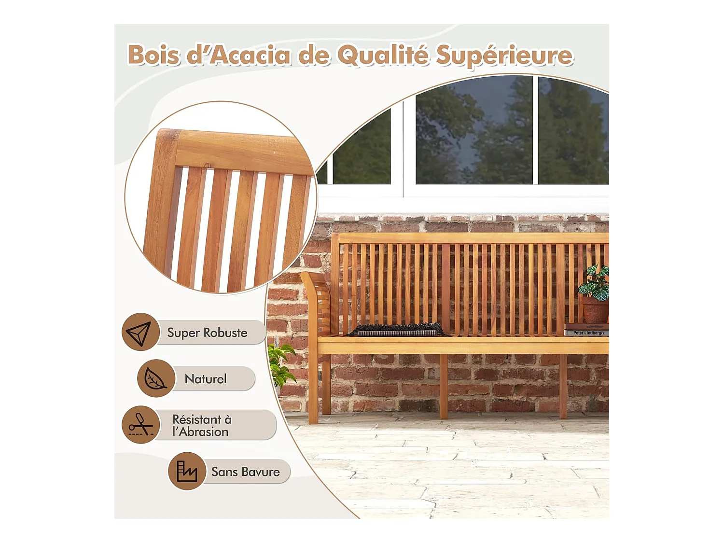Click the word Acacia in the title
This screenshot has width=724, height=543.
coord(251,55)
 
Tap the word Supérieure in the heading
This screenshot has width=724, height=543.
coord(504,56)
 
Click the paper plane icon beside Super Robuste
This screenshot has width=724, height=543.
coord(139,332)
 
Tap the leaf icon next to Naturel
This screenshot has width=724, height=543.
coord(155,378)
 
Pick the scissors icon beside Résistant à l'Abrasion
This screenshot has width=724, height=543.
coord(140,425)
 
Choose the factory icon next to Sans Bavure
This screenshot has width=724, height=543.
coord(187,471)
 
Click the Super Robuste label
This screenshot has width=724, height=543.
coord(207,333)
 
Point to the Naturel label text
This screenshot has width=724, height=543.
coord(206,379)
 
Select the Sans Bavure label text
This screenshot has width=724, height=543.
coord(245,472)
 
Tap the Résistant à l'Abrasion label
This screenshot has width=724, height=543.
coord(202,425)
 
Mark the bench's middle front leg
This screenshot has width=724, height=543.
coord(444,386)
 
